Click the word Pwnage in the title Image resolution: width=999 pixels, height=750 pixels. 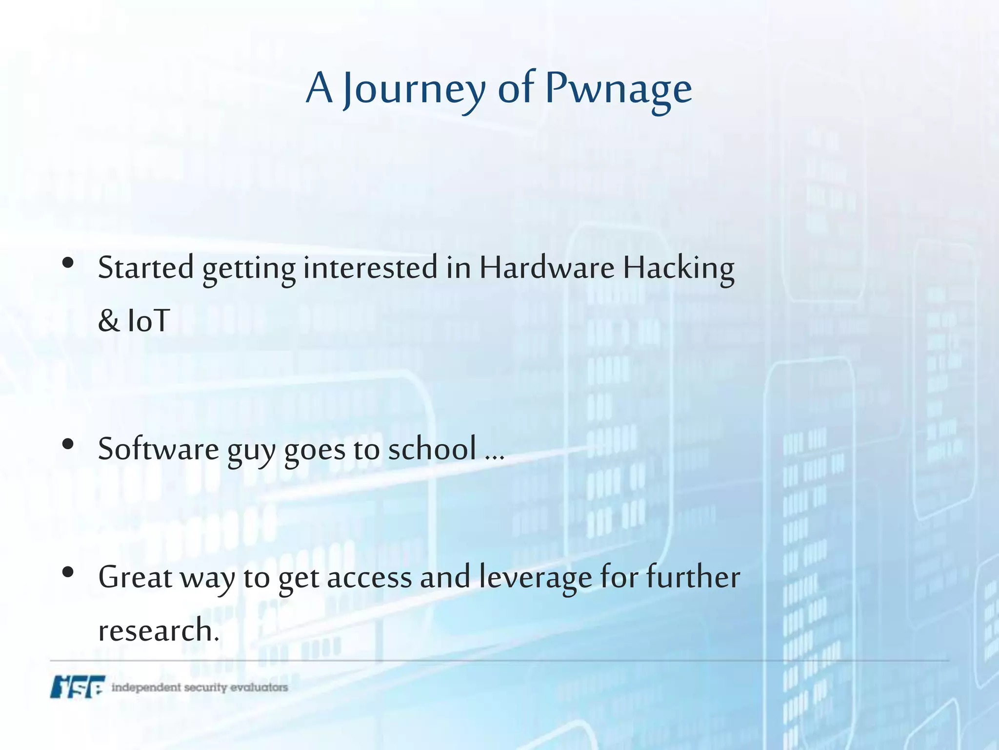[618, 89]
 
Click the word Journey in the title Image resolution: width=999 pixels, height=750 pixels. [414, 89]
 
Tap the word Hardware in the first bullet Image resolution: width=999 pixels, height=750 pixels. [546, 268]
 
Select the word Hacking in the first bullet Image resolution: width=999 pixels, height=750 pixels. [679, 268]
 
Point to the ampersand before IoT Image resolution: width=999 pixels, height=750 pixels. [108, 321]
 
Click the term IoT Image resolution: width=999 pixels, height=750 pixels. [148, 321]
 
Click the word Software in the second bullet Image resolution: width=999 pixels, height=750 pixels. [159, 449]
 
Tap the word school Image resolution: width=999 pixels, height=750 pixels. [432, 449]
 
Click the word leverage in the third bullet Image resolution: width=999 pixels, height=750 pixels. [535, 577]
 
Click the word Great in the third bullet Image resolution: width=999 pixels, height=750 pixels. [135, 577]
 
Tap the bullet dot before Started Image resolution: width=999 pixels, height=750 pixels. [68, 263]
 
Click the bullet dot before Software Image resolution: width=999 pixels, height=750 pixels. [68, 444]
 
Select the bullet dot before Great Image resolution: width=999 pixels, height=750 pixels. [68, 572]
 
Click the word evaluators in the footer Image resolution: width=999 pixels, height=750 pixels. [259, 687]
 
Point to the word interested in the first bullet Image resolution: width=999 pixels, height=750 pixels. [370, 268]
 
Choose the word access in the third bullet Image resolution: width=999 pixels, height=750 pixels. [369, 577]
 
